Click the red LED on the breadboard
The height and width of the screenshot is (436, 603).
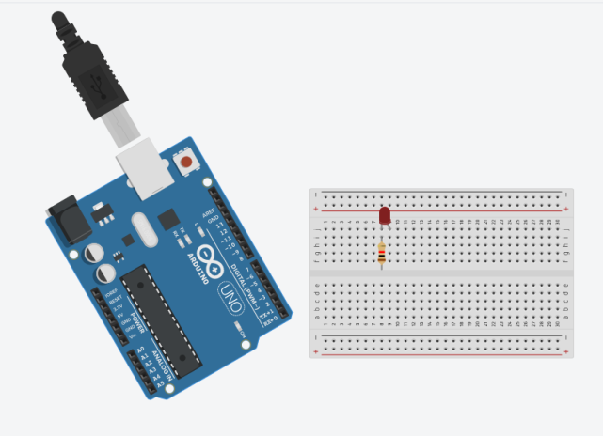[x=384, y=216]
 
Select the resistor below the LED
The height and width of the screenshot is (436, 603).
[x=381, y=254]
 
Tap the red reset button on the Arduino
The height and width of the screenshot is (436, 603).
[x=186, y=163]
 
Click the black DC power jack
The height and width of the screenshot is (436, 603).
[x=71, y=217]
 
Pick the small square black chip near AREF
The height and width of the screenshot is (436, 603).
[x=169, y=219]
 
